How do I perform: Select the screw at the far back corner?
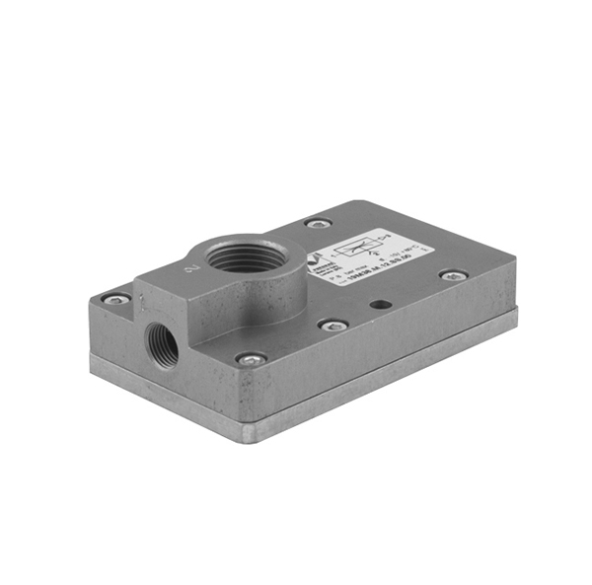pyautogui.click(x=317, y=224)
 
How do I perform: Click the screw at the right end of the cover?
pyautogui.click(x=453, y=276)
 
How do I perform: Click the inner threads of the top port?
pyautogui.click(x=237, y=262)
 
